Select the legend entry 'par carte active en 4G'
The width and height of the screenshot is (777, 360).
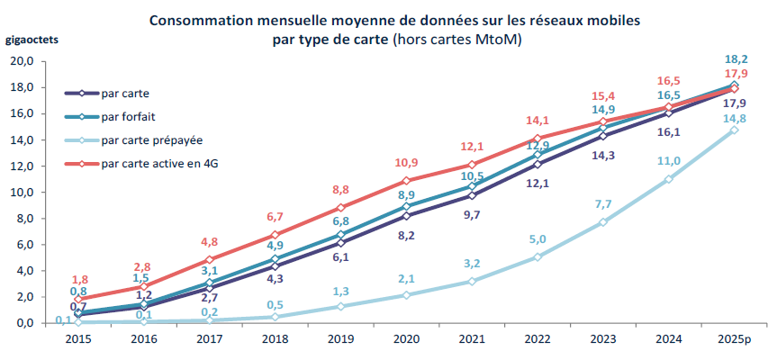pos(159,164)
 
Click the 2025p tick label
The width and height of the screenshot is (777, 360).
pos(735,339)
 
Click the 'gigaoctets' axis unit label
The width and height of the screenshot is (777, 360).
pos(32,40)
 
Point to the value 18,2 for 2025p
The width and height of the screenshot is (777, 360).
pos(736,59)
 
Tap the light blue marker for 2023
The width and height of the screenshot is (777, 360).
pos(602,222)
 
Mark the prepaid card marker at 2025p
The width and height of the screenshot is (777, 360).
pos(735,130)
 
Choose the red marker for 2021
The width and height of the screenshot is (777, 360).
pos(472,165)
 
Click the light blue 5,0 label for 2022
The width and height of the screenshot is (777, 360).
pos(538,239)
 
